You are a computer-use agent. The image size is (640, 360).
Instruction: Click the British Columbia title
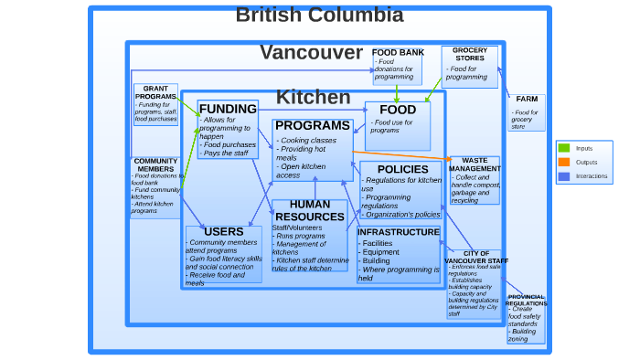(x=319, y=15)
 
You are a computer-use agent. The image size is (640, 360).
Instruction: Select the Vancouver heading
(x=311, y=52)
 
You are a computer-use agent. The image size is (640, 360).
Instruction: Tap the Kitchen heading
(x=314, y=98)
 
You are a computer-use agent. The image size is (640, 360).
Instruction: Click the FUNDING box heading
(x=228, y=110)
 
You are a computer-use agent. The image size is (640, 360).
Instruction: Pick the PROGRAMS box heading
(x=312, y=125)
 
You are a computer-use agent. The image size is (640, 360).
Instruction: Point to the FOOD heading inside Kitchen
(x=397, y=111)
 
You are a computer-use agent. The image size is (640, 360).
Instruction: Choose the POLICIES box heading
(x=402, y=169)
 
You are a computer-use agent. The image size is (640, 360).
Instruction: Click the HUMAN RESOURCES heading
(x=309, y=211)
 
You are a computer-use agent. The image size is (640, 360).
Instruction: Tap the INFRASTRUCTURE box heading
(x=399, y=232)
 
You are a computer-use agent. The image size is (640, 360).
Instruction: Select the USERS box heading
(x=223, y=232)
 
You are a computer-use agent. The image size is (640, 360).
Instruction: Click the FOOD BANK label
(x=398, y=53)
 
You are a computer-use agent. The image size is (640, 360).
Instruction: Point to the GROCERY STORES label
(x=470, y=54)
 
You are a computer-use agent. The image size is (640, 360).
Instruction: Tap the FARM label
(x=527, y=99)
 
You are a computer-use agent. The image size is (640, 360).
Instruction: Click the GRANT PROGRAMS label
(x=155, y=92)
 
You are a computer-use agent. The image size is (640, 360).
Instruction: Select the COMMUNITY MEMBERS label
(x=155, y=165)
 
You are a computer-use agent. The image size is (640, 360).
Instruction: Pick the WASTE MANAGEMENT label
(x=475, y=164)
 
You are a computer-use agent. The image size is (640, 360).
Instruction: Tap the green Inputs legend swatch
(x=564, y=148)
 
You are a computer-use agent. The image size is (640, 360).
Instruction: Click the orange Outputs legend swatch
(x=564, y=162)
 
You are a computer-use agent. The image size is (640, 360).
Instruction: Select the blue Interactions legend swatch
(x=564, y=175)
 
